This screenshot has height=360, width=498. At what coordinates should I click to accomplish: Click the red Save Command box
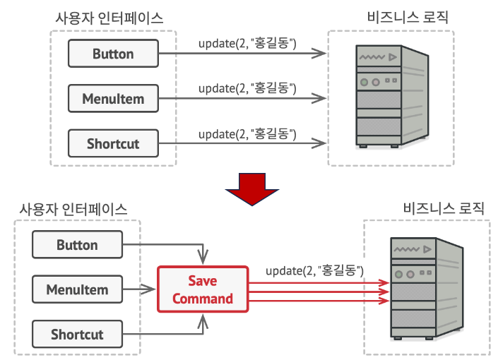click(203, 289)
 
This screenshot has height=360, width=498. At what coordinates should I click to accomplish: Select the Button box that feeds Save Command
click(77, 246)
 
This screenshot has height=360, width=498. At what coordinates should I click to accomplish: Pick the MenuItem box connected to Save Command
click(77, 289)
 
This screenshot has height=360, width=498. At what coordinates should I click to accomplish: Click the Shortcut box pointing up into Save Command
click(77, 334)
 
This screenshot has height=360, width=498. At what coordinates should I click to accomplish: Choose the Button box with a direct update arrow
click(113, 54)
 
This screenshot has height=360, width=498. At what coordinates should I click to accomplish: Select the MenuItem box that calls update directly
click(113, 99)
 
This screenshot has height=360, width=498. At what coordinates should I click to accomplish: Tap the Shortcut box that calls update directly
click(113, 144)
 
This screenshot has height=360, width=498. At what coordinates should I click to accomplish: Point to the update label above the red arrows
click(314, 270)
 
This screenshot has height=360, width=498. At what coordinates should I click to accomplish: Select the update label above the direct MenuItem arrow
click(247, 89)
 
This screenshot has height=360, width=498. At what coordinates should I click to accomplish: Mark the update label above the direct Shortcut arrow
click(247, 133)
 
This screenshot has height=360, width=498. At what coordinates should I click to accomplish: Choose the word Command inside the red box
click(203, 299)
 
